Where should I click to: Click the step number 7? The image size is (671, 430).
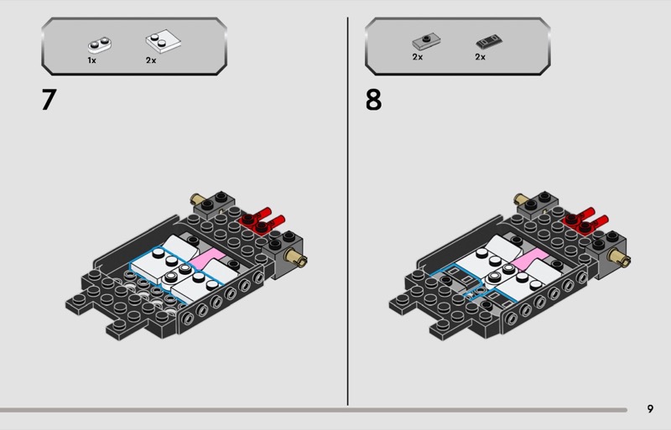[49, 99]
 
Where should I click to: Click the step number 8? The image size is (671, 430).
[373, 99]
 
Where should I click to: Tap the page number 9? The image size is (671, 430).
[650, 408]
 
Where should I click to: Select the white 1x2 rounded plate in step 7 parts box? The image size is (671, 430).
[99, 44]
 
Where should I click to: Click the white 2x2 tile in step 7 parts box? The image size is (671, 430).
[163, 42]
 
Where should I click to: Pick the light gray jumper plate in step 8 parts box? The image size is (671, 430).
[426, 42]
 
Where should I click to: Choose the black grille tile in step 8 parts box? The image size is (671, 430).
[489, 42]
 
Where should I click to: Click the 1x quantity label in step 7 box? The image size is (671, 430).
[91, 60]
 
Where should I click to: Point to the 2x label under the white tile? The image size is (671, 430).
[151, 60]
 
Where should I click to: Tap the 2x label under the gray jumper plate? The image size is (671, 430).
[417, 57]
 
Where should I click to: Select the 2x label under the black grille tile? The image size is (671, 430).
[480, 57]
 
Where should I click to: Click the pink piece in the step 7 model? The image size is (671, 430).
[207, 258]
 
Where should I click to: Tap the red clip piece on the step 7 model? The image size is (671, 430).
[262, 220]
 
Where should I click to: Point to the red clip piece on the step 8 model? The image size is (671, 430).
[585, 220]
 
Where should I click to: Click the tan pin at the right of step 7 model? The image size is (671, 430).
[296, 257]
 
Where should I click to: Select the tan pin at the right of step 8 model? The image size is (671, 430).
[619, 257]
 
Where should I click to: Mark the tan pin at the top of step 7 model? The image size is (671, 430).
[197, 199]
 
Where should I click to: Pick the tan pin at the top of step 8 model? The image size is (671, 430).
[520, 199]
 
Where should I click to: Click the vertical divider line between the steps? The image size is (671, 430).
[347, 211]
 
